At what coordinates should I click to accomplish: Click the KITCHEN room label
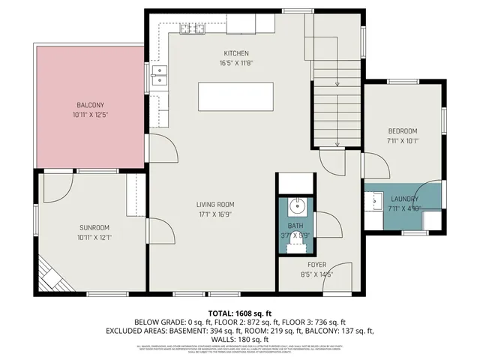235,53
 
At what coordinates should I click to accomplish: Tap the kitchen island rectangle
235,96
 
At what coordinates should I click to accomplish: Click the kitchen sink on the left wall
158,73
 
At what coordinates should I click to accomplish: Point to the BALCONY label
91,105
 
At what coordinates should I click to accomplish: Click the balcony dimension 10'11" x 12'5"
91,115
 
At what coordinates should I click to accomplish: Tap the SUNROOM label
94,227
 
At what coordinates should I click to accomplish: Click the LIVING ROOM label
215,204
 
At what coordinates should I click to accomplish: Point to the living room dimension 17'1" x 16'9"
215,214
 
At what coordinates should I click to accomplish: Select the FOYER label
316,265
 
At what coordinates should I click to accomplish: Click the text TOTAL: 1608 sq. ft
239,312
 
